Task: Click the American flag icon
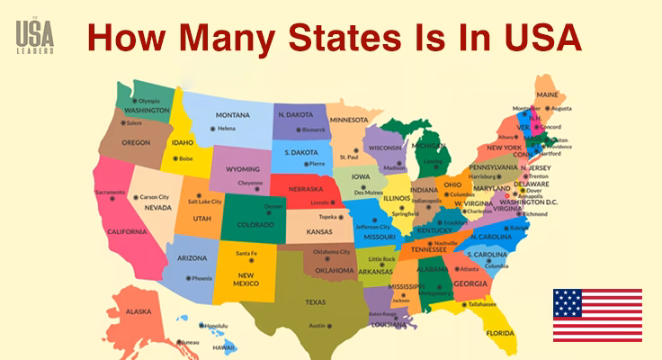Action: tap(597, 315)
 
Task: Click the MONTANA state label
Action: tap(232, 115)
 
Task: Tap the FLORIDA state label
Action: tap(501, 332)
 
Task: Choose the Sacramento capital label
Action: tap(110, 193)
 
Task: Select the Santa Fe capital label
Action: tap(246, 253)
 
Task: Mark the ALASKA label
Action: tap(139, 310)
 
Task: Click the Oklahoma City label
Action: tap(333, 252)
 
